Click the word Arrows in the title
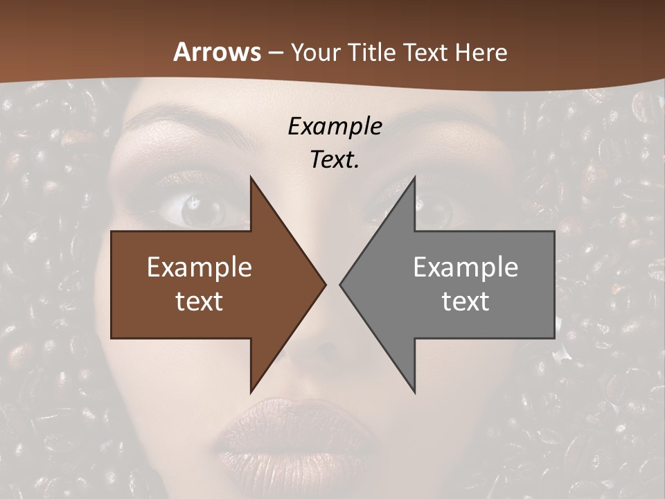[x=217, y=52]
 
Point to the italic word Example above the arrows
[x=335, y=126]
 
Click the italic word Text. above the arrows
[x=335, y=159]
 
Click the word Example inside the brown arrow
[x=199, y=268]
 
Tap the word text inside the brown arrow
[x=199, y=301]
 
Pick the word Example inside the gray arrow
[x=465, y=268]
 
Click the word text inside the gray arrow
[x=465, y=301]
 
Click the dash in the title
[x=275, y=53]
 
